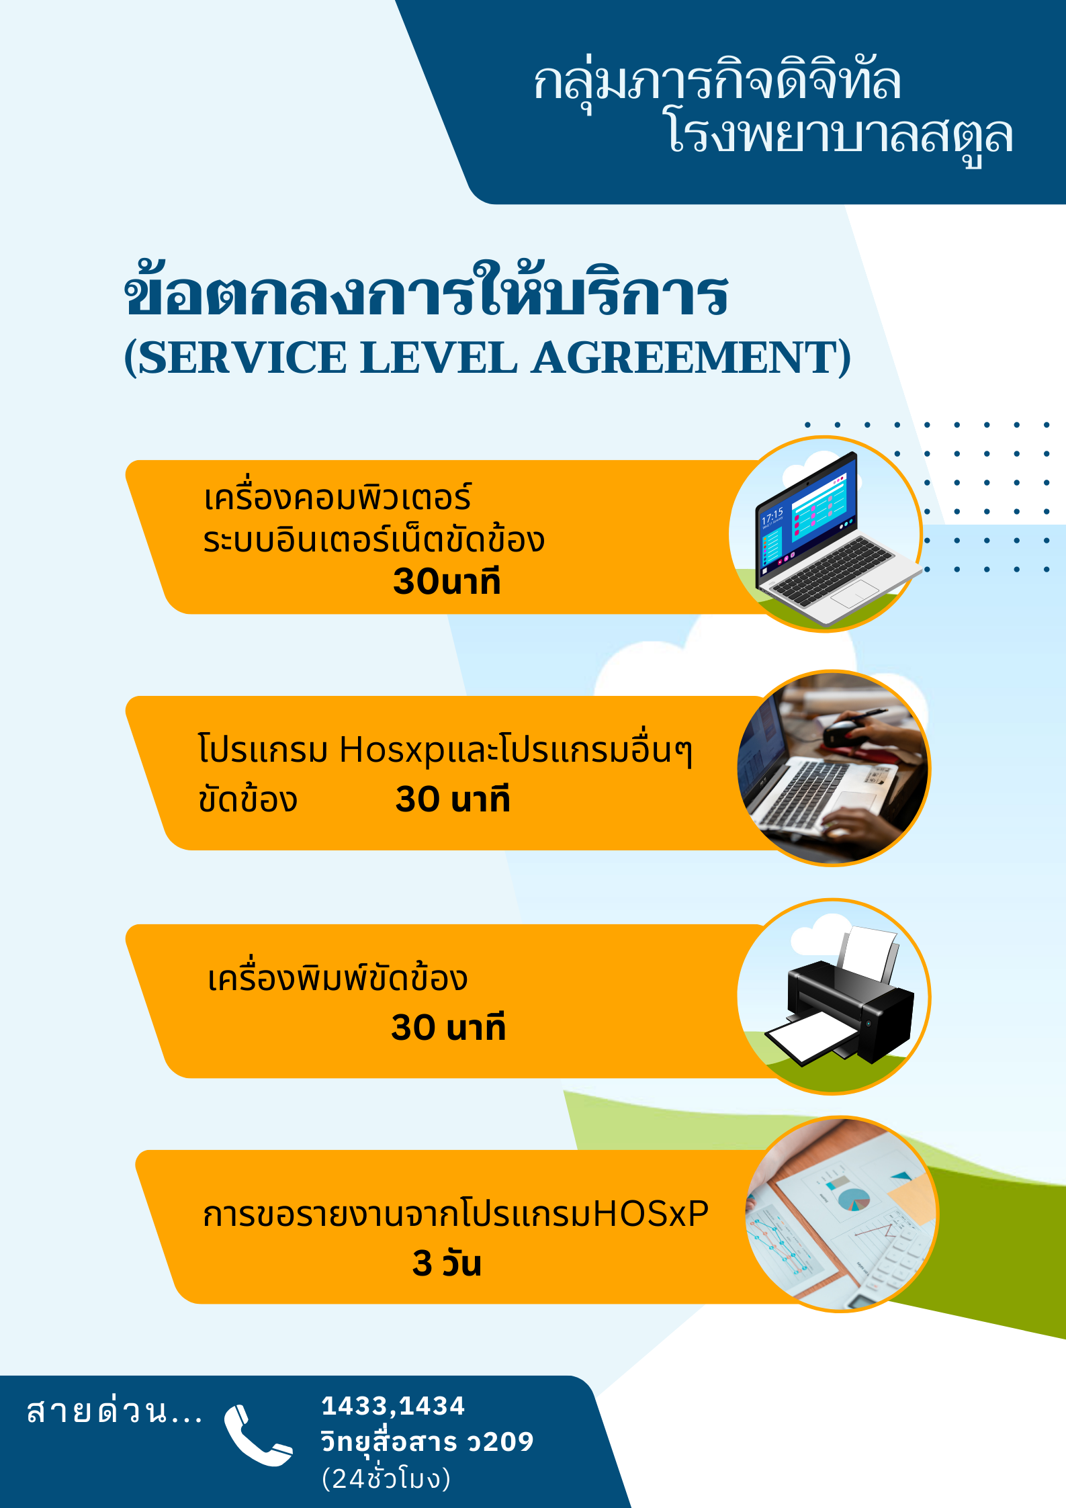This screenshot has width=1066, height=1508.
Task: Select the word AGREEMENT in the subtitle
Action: point(684,357)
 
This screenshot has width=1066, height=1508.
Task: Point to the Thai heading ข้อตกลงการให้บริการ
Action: point(427,290)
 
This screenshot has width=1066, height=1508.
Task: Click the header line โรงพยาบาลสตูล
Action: point(840,134)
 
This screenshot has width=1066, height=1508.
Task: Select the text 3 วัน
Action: point(447,1263)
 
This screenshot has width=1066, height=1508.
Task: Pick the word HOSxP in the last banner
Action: point(651,1214)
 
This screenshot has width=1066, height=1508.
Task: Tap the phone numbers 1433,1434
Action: point(393,1406)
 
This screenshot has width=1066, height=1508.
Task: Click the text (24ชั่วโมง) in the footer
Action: point(386,1478)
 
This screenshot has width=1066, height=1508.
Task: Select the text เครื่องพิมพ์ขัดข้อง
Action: point(337,977)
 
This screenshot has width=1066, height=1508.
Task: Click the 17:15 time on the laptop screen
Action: point(772,516)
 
